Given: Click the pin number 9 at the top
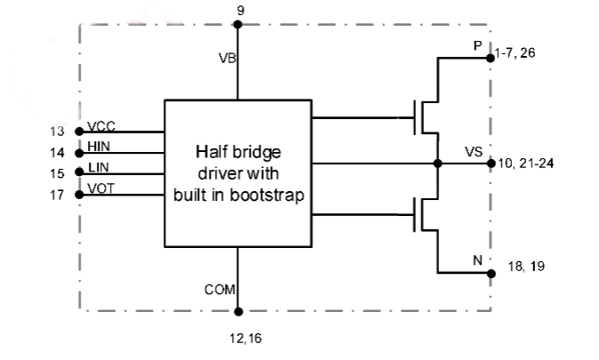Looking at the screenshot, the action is click(240, 11).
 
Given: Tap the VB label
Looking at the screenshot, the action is click(228, 58).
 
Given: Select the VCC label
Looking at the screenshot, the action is click(101, 126).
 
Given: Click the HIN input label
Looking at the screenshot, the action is click(99, 147).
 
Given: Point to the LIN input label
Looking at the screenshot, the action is click(99, 167).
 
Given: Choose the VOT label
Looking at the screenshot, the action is click(100, 188).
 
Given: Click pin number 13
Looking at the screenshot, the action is click(57, 132).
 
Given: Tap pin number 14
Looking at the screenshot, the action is click(57, 153).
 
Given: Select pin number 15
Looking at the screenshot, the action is click(57, 173).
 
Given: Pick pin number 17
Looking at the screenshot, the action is click(57, 195).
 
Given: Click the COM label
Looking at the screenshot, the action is click(220, 290).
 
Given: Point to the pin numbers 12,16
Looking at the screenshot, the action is click(245, 338).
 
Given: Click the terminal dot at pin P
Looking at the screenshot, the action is click(491, 58).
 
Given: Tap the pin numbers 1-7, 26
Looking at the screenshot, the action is click(515, 52).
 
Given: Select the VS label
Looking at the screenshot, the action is click(474, 152).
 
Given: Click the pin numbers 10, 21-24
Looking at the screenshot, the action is click(526, 164).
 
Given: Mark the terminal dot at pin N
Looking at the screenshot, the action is click(491, 274).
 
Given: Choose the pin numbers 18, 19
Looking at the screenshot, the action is click(526, 267).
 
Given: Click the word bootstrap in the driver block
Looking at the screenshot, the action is click(267, 195).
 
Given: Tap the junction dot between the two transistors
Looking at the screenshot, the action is click(438, 164).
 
